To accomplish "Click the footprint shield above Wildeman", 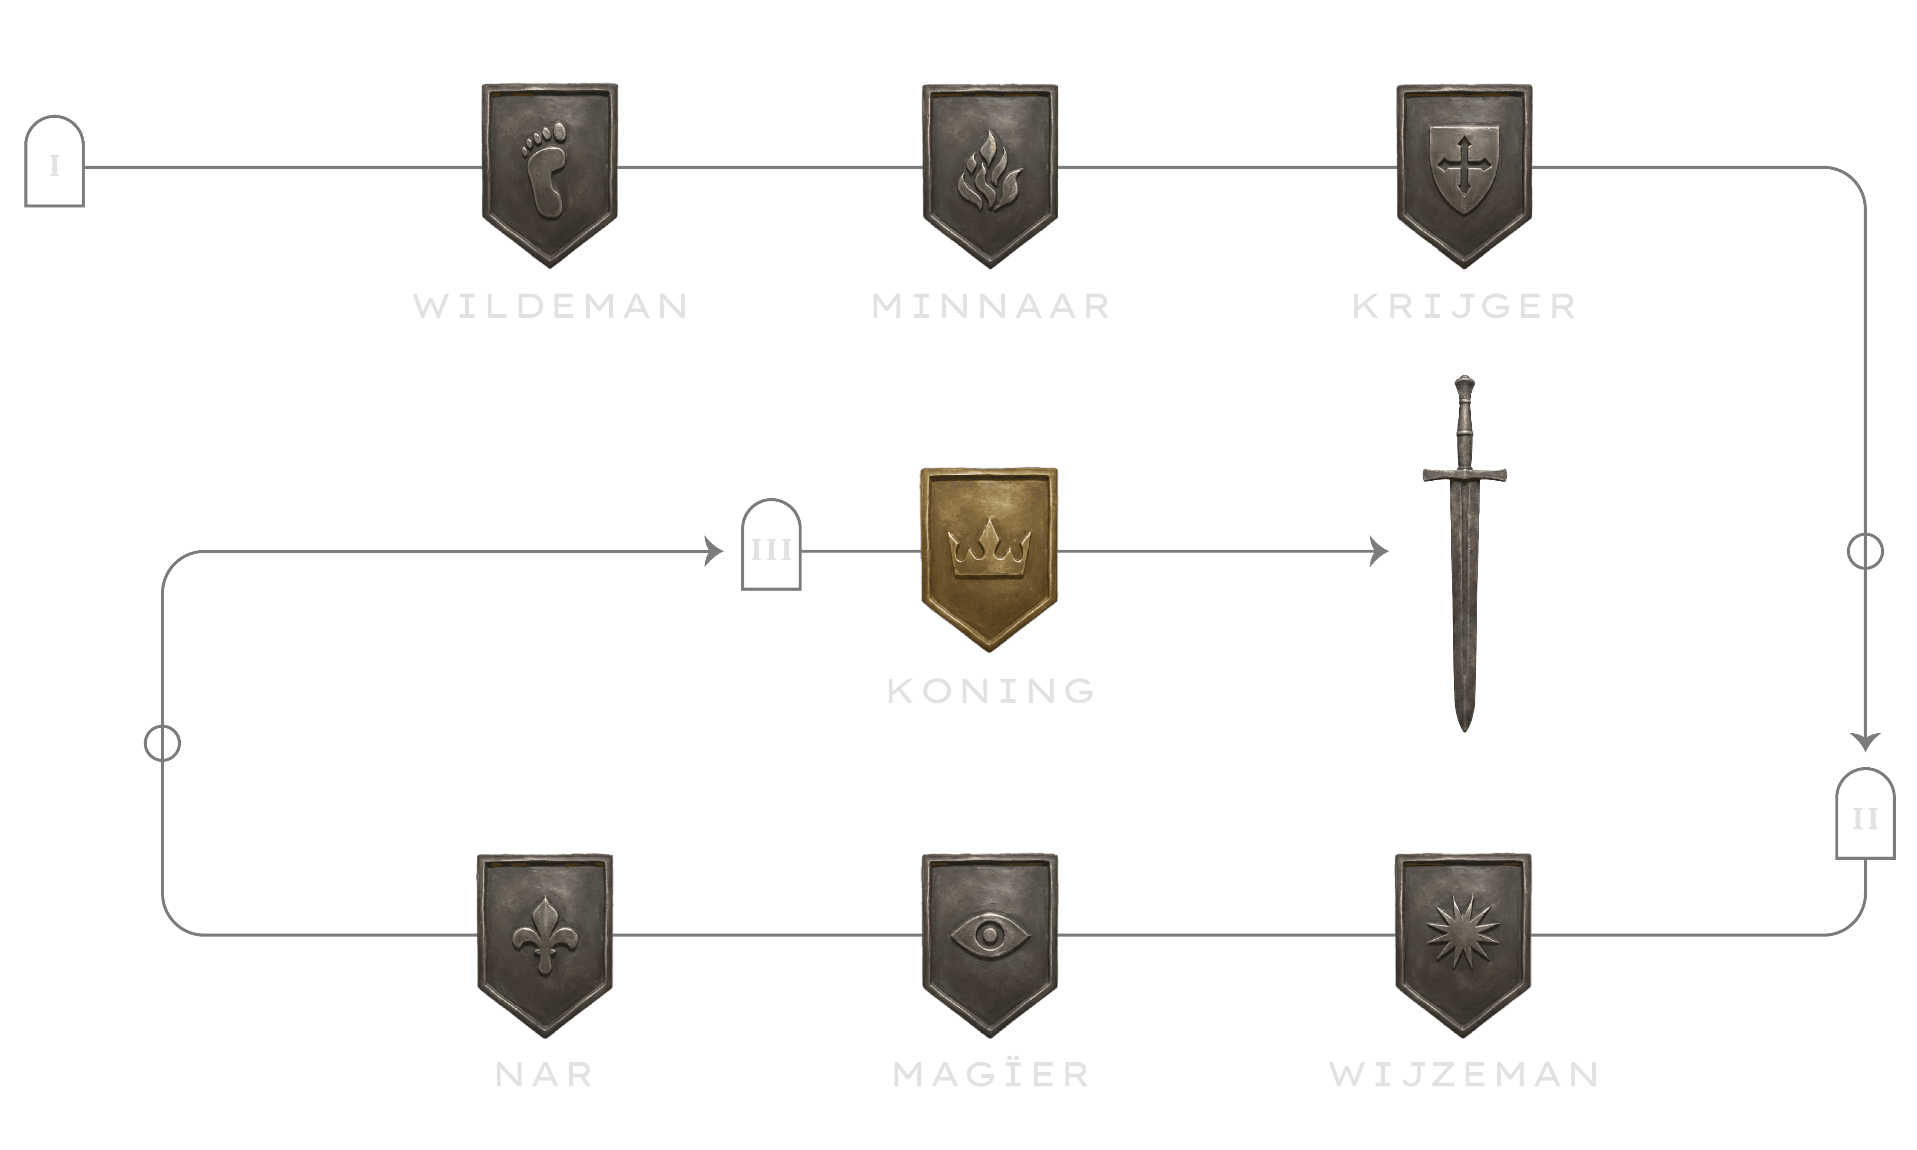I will pos(549,174).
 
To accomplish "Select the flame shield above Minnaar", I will pos(990,174).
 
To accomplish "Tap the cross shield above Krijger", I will pos(1464,174).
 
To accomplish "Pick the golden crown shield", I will pos(989,558).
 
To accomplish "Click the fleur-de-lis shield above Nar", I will pos(545,944).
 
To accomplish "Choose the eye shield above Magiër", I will pos(990,944).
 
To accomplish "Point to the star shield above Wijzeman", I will pos(1463,944).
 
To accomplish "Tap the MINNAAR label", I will pos(991,306).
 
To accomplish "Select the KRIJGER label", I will pos(1464,306).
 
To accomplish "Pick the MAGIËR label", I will pos(991,1075).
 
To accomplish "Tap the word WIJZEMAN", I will pos(1464,1075).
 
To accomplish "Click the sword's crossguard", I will pos(1464,474).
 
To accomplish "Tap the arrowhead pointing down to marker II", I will pos(1865,741).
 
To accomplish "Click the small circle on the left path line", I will pos(162,743).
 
